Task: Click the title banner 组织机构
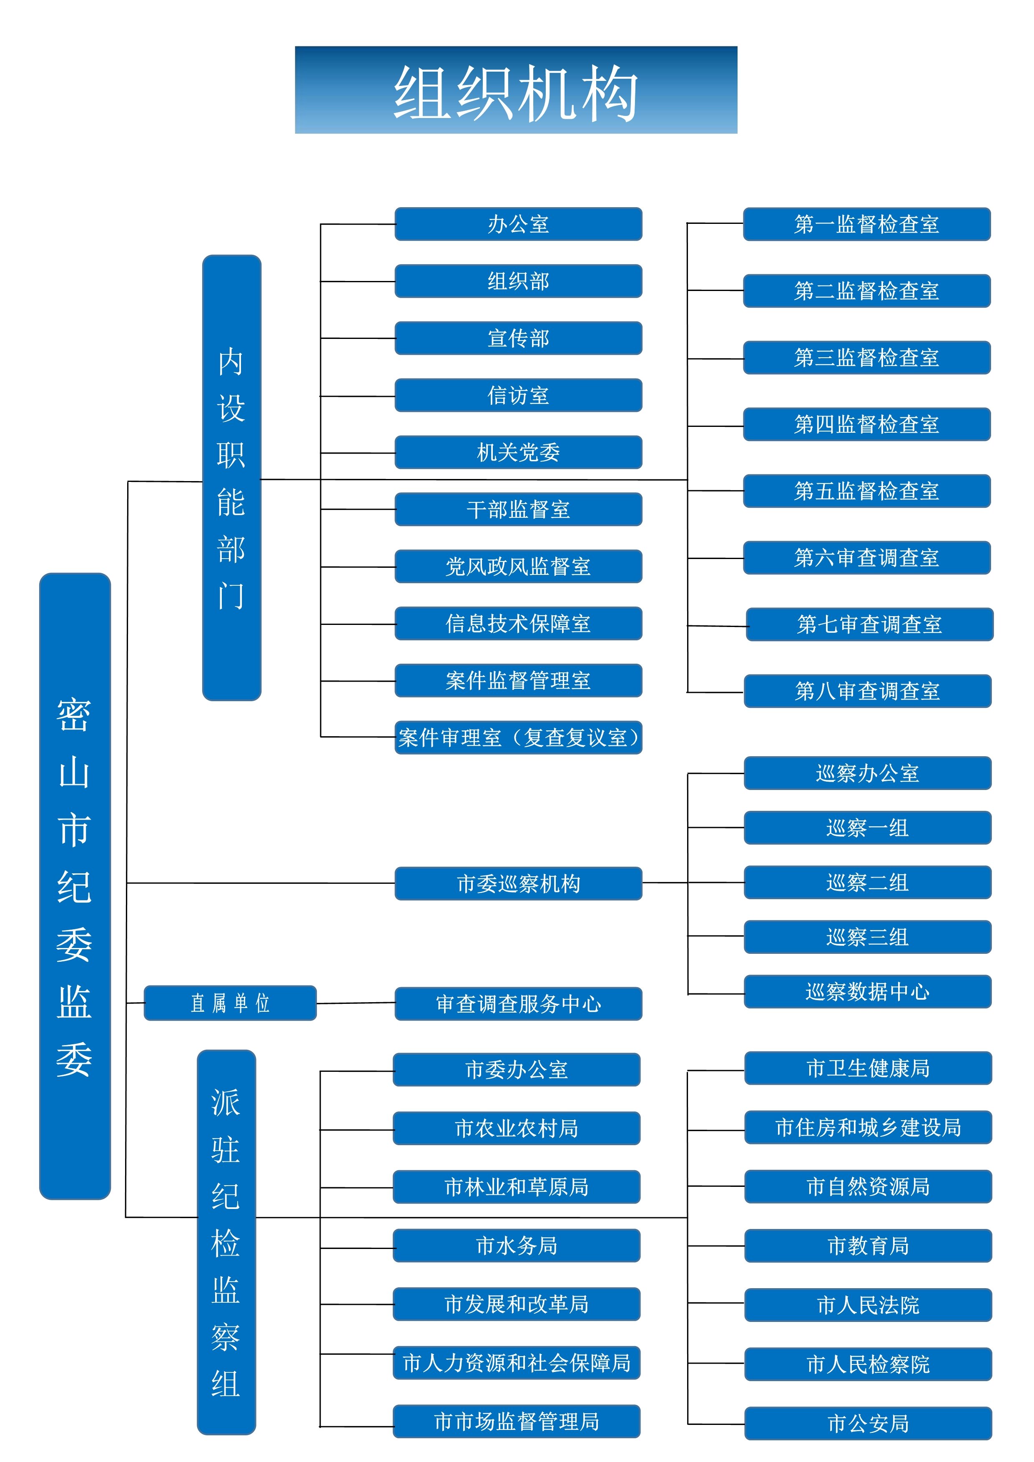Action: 516,90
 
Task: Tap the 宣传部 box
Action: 518,338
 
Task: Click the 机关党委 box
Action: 518,452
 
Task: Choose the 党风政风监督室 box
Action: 518,566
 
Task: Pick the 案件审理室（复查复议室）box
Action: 518,737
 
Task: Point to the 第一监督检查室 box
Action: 866,224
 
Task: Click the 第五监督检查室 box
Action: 866,491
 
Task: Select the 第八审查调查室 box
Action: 867,691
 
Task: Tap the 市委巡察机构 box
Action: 518,883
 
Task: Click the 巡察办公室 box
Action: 867,773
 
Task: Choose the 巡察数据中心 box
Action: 867,991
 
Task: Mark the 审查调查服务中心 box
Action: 518,1003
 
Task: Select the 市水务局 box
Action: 516,1246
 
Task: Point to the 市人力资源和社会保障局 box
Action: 516,1363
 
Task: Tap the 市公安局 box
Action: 868,1423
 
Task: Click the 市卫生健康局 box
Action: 868,1068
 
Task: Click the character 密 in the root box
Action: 75,715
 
